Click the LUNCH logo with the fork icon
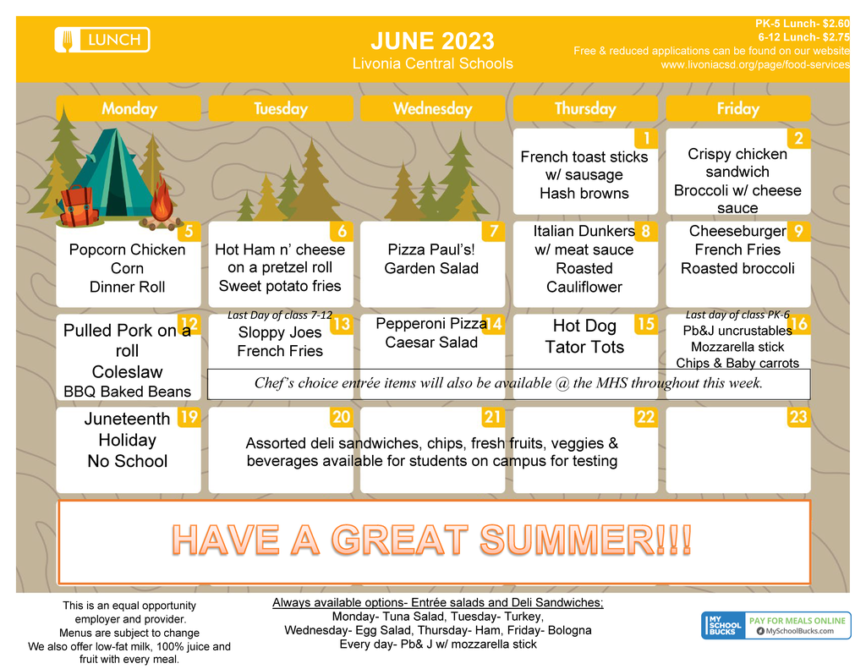point(102,40)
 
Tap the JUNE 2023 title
point(432,41)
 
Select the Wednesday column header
point(432,108)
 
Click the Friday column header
point(737,108)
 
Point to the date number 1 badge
point(646,138)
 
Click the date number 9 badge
point(798,231)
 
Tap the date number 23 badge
point(798,416)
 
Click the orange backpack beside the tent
point(79,206)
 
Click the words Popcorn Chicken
point(127,250)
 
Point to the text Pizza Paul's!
point(431,250)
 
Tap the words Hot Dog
point(584,326)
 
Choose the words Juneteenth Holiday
point(127,430)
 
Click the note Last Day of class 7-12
point(280,315)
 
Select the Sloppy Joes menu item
point(280,332)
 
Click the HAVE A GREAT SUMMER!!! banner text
point(432,540)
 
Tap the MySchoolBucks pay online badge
point(776,625)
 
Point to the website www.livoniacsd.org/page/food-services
point(755,64)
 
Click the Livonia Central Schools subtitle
point(432,63)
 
